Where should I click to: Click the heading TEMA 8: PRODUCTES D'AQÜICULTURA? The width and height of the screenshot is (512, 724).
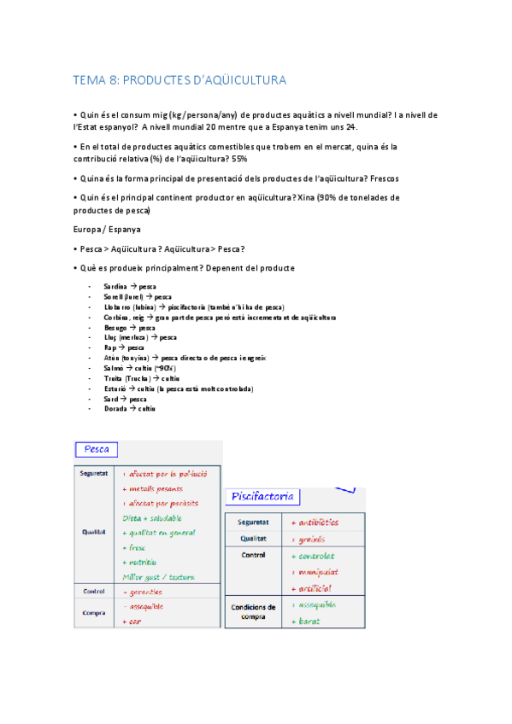click(179, 80)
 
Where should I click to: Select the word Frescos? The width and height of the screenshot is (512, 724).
click(382, 178)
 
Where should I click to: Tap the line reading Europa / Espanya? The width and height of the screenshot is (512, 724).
click(107, 230)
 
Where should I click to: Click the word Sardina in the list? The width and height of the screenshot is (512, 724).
click(115, 286)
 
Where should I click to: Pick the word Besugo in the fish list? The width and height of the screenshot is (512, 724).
click(115, 327)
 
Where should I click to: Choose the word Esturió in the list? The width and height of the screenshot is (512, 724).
click(115, 388)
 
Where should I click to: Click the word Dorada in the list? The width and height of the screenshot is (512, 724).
click(115, 409)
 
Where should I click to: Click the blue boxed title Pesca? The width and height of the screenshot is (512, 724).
click(97, 449)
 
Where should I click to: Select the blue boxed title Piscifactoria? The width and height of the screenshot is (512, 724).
click(262, 496)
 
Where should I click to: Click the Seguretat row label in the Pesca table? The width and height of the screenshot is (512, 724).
click(94, 472)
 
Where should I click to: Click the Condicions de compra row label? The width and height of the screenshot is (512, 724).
click(253, 612)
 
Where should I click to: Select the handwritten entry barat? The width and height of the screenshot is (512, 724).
click(309, 621)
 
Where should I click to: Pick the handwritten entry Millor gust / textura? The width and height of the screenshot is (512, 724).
click(163, 577)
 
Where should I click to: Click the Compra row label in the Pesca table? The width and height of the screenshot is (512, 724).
click(94, 612)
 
